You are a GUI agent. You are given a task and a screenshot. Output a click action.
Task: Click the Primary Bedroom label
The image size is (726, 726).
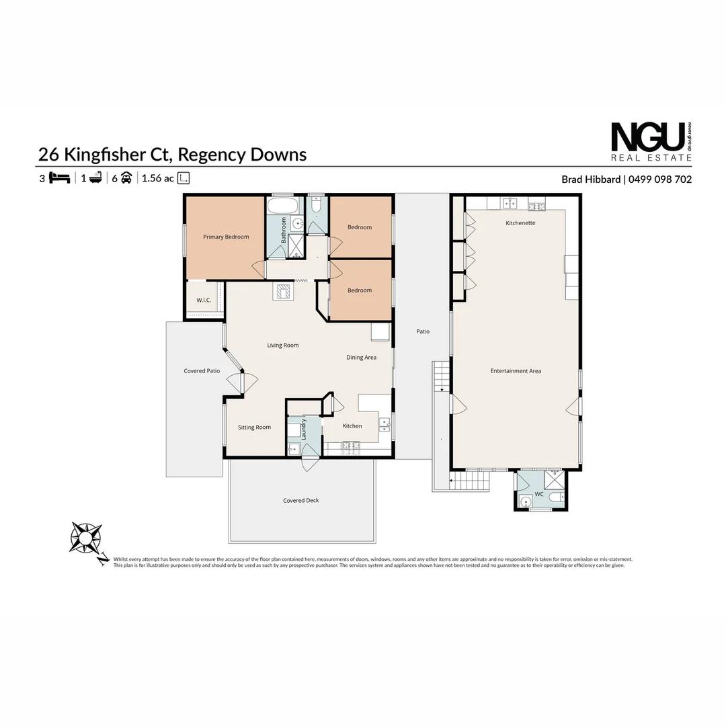pyautogui.click(x=226, y=237)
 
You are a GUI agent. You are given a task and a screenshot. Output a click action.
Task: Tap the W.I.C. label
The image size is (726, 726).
pyautogui.click(x=204, y=300)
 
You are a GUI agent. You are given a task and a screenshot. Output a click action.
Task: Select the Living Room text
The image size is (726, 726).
pyautogui.click(x=282, y=346)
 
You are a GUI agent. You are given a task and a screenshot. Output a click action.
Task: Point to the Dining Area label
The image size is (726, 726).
pyautogui.click(x=361, y=358)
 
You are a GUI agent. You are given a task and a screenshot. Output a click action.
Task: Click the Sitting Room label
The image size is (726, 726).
pyautogui.click(x=254, y=428)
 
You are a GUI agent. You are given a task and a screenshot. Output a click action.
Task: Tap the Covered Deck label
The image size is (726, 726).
pyautogui.click(x=300, y=501)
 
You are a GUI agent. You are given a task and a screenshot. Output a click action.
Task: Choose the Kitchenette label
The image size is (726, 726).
pyautogui.click(x=520, y=223)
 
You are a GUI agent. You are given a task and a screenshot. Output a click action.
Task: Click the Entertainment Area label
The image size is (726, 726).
pyautogui.click(x=516, y=371)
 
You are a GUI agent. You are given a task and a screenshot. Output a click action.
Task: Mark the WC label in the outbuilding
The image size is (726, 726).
pyautogui.click(x=538, y=495)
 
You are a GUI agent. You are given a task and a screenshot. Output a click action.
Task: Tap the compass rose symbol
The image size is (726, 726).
pyautogui.click(x=85, y=538)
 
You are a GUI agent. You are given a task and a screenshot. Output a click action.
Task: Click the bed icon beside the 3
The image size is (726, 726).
pyautogui.click(x=60, y=178)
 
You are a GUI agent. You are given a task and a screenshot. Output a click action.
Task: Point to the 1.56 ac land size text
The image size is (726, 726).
pyautogui.click(x=158, y=178)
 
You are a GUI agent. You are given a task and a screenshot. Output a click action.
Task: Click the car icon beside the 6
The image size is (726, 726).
pyautogui.click(x=126, y=178)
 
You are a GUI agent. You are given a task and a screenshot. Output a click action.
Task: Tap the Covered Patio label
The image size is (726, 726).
pyautogui.click(x=202, y=371)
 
